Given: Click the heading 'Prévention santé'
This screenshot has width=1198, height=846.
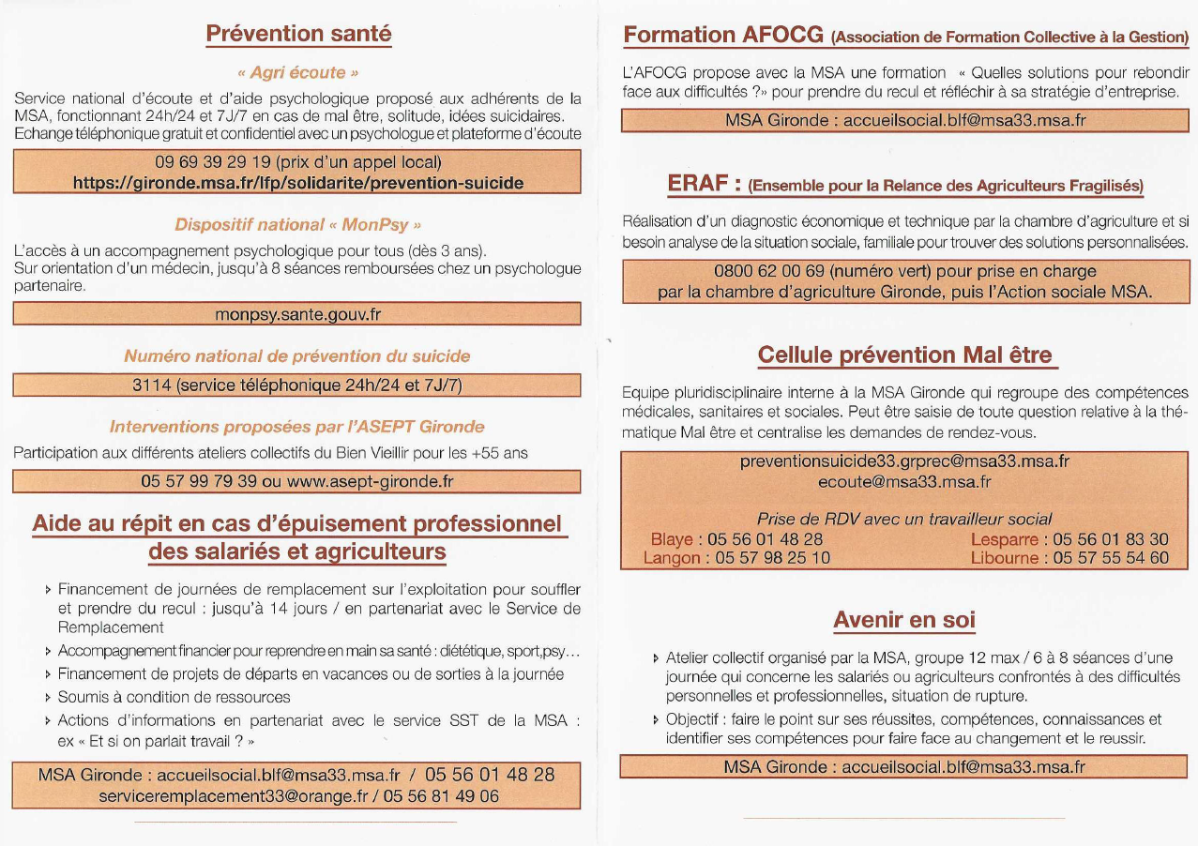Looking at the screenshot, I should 298,34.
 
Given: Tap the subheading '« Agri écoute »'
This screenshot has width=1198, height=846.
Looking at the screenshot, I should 297,71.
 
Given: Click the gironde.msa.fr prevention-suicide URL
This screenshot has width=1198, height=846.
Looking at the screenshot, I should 298,182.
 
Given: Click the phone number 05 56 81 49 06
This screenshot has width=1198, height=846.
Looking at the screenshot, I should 442,796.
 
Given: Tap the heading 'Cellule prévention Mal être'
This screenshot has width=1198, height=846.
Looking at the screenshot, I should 905,355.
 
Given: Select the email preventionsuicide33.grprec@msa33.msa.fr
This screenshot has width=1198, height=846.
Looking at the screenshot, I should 904,461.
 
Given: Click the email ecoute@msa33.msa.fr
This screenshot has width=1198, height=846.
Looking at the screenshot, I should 904,481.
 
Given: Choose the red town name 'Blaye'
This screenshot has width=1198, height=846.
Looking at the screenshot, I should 671,539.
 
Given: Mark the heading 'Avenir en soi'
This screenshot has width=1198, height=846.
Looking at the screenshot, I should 904,620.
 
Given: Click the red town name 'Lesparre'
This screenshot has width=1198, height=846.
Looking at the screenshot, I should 1004,539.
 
